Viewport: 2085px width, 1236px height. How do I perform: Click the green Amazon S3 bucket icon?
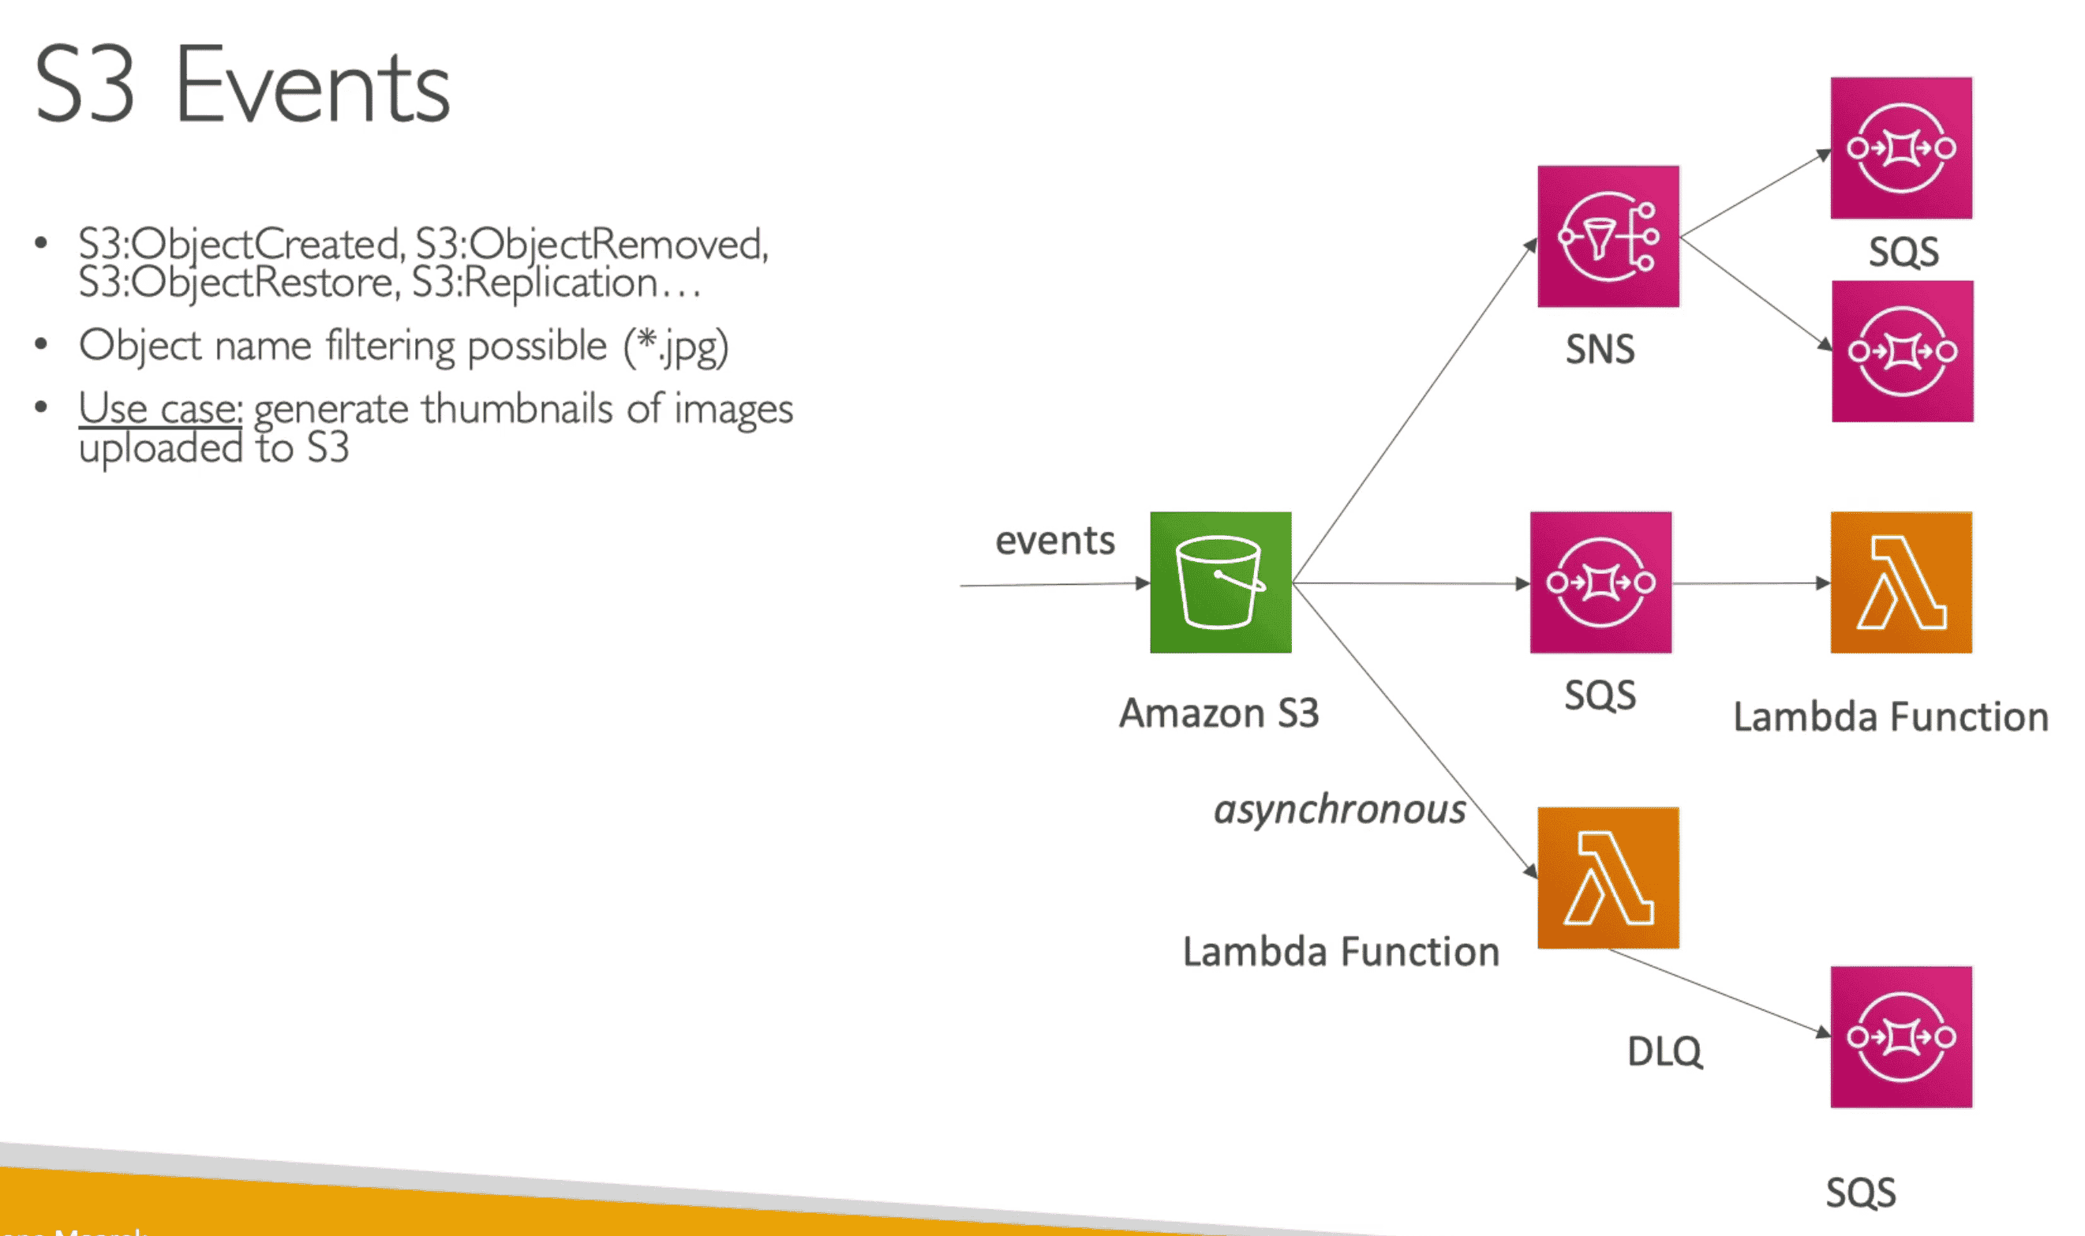click(x=1220, y=582)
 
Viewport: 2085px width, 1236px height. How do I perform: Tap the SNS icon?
click(x=1608, y=237)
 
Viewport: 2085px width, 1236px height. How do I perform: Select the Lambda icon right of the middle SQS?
click(x=1901, y=582)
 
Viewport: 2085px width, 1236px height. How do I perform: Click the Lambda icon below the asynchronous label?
click(x=1608, y=878)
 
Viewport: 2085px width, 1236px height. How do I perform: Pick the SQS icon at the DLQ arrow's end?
click(x=1901, y=1037)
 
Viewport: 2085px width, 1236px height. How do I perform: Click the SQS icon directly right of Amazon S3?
click(x=1600, y=582)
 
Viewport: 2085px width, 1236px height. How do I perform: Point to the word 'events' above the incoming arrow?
click(x=1055, y=541)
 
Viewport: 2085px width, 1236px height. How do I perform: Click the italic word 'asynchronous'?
click(x=1339, y=810)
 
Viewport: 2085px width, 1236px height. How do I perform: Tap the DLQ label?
click(x=1664, y=1052)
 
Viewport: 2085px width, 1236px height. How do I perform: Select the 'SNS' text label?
click(x=1600, y=349)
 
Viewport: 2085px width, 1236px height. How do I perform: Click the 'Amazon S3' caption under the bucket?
click(x=1219, y=714)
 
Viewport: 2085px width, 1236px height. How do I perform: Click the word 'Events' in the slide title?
click(x=313, y=87)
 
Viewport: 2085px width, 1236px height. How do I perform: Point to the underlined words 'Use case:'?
click(x=161, y=409)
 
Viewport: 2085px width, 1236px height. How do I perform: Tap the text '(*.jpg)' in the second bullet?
click(x=677, y=346)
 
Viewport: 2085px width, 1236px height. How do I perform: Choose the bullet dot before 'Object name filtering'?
click(x=41, y=344)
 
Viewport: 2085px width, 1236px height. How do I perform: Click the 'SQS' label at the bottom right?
click(x=1861, y=1193)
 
